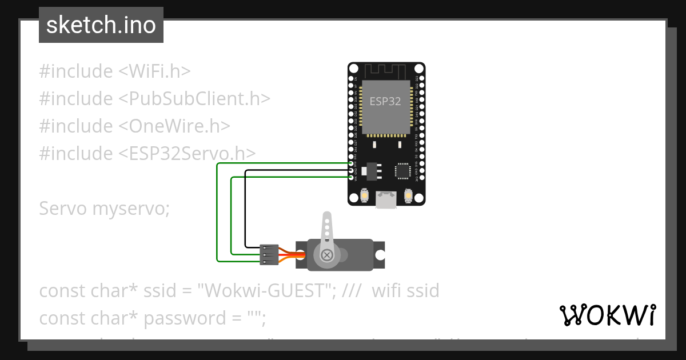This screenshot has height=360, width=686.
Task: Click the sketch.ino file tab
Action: click(101, 25)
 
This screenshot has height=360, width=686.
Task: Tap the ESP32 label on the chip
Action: click(385, 101)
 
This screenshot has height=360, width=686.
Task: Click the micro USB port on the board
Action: click(386, 199)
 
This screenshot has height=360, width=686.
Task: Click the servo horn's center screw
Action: click(327, 254)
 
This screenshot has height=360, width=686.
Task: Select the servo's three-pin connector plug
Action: click(269, 254)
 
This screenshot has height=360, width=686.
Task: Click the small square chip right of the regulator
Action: click(403, 170)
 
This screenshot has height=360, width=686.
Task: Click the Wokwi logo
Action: click(607, 315)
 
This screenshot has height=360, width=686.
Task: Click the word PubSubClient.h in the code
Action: click(194, 99)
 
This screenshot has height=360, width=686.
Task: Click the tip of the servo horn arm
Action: click(326, 217)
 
